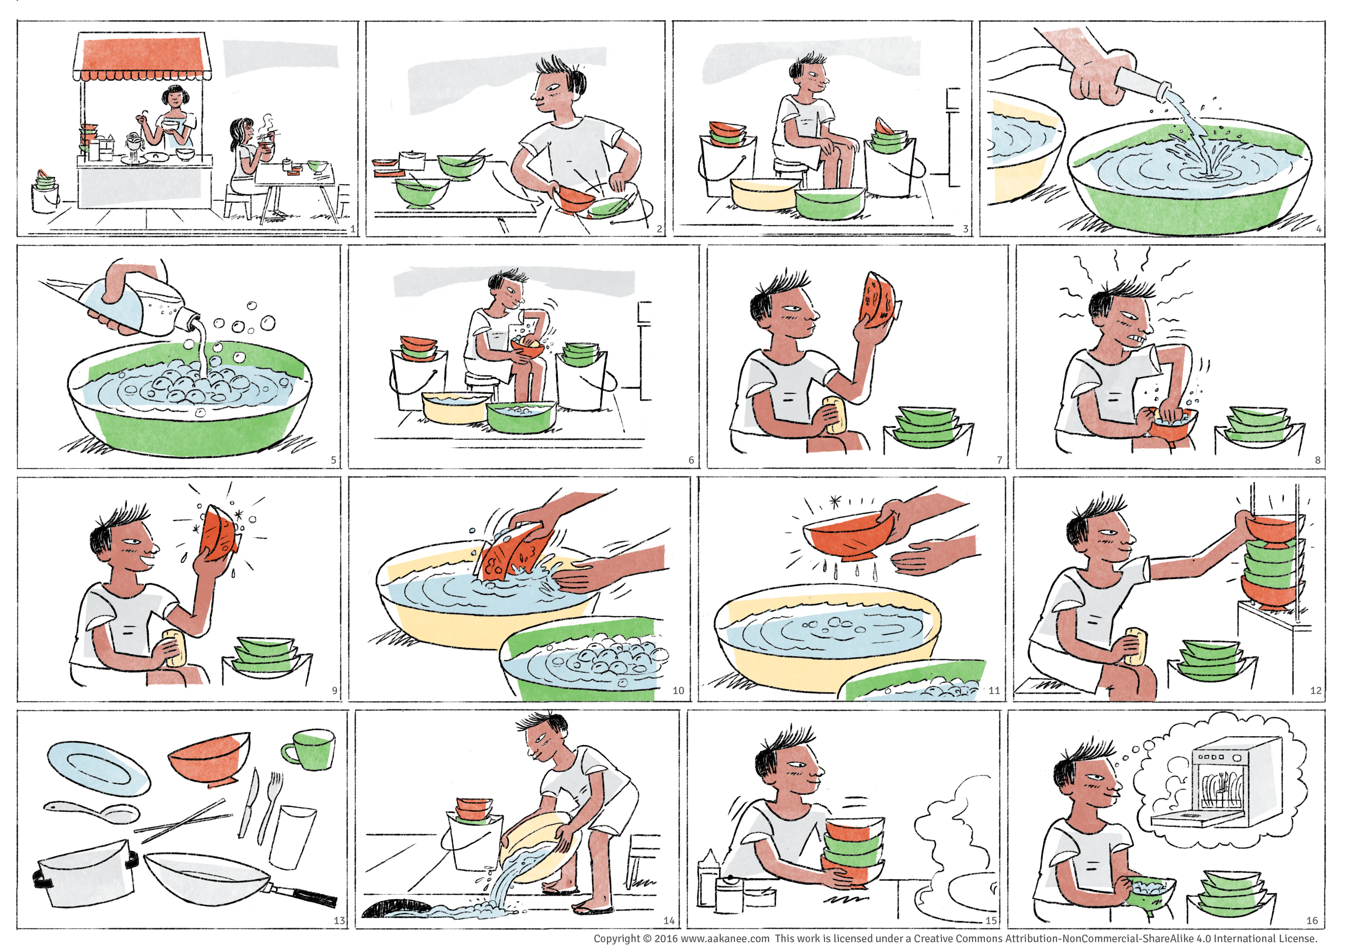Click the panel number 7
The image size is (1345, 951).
[1000, 460]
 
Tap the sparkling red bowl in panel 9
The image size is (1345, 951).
[219, 534]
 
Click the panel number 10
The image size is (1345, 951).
[678, 690]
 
